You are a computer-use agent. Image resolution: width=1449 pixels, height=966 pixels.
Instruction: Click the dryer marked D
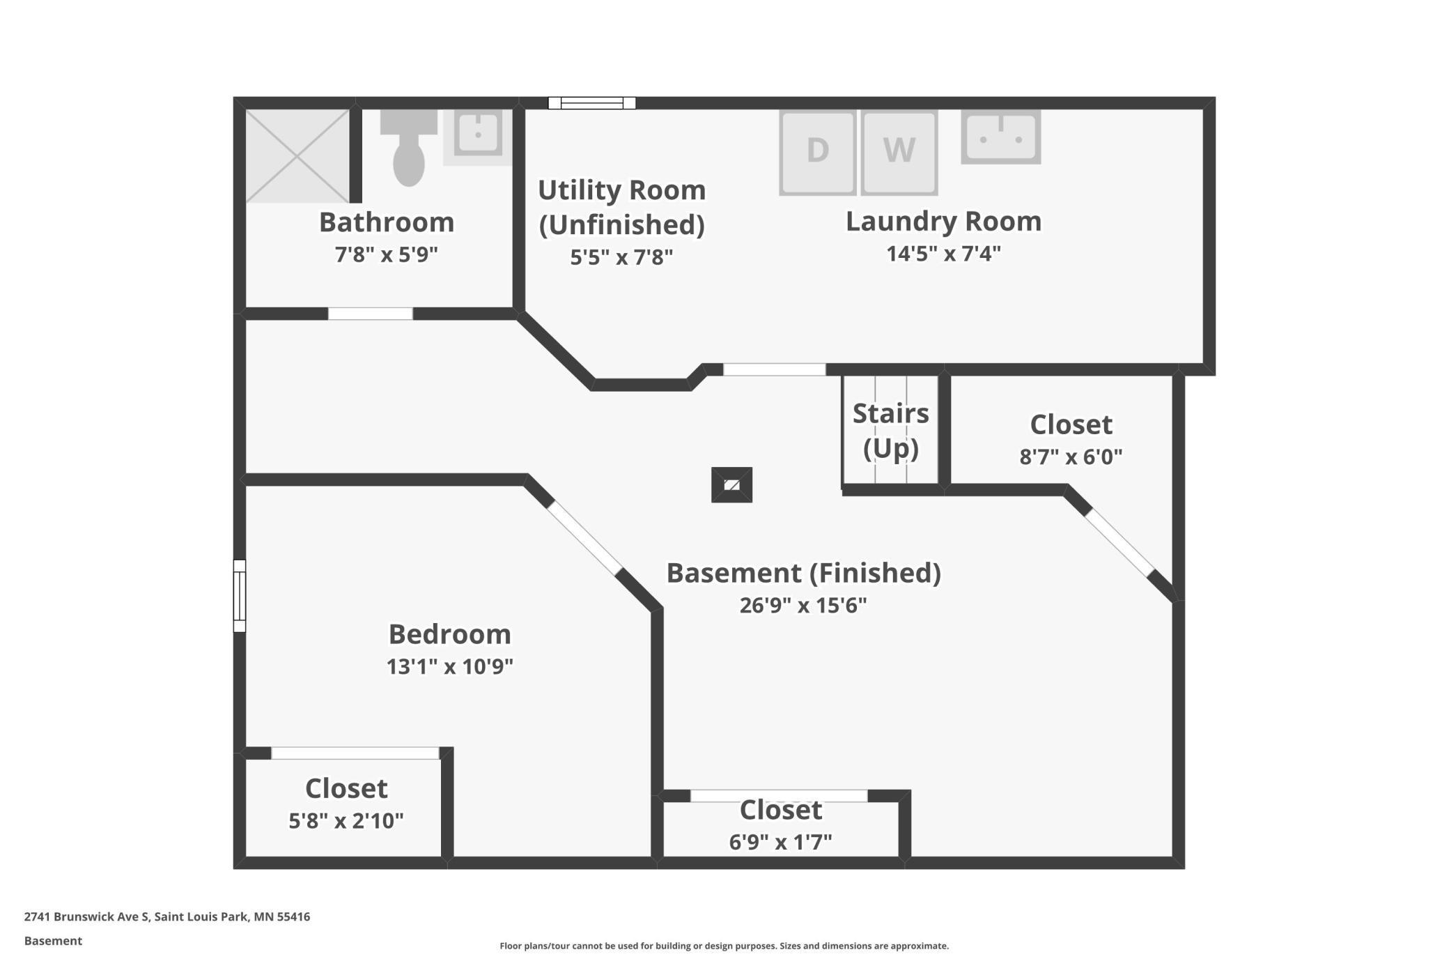tap(817, 153)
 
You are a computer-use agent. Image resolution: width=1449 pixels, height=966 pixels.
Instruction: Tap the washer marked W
tap(899, 153)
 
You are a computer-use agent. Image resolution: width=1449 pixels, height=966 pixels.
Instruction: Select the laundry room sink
tap(1001, 137)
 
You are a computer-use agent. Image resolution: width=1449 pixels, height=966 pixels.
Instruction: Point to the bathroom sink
tap(478, 134)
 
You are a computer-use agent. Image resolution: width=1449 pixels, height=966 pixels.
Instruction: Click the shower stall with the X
tap(297, 156)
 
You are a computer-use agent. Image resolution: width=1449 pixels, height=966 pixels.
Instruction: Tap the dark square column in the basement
tap(731, 485)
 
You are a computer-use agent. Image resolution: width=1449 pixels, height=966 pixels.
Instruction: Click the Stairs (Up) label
tap(891, 431)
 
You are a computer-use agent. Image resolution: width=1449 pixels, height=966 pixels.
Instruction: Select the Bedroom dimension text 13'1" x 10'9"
tap(450, 667)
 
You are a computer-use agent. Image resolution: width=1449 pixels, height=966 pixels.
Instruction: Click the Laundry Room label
tap(943, 221)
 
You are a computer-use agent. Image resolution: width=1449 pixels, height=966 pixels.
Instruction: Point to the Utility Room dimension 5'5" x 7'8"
tap(621, 257)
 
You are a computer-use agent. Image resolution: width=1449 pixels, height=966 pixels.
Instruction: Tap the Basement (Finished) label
tap(804, 573)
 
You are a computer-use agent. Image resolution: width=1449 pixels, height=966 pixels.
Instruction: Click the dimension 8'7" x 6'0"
tap(1071, 457)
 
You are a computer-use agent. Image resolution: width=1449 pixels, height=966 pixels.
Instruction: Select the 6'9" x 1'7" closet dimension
tap(780, 843)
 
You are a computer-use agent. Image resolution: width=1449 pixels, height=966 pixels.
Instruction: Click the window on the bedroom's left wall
tap(239, 596)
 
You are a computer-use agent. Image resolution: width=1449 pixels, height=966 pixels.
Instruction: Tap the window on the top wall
tap(592, 103)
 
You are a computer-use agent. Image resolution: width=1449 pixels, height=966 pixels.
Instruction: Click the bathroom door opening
tap(371, 314)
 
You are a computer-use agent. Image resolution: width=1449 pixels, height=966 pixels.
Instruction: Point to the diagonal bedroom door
tap(585, 539)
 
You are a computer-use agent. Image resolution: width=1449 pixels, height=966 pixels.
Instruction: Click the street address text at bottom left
tap(167, 917)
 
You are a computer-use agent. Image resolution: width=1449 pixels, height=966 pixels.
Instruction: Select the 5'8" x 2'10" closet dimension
tap(346, 821)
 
